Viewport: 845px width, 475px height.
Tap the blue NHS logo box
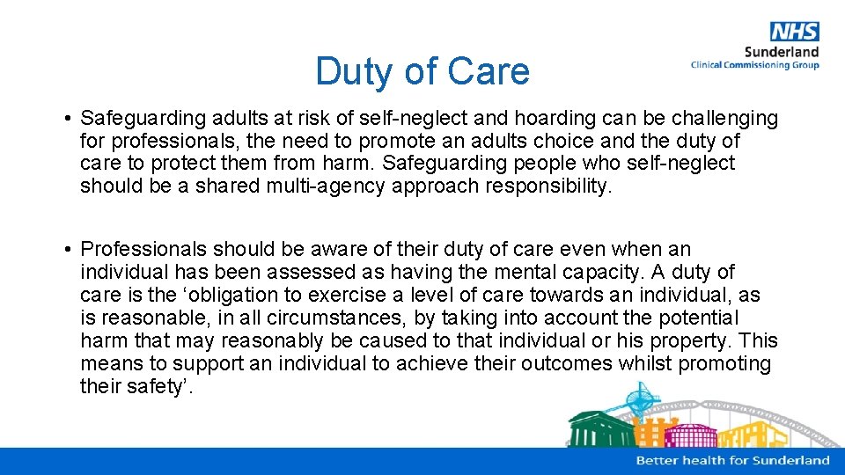click(794, 33)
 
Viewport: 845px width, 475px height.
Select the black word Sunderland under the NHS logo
click(782, 52)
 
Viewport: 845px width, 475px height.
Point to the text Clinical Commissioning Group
click(754, 65)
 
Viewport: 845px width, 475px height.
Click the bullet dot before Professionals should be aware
click(67, 250)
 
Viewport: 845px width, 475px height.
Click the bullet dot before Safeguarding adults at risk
click(67, 118)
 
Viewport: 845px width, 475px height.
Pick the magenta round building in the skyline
click(685, 434)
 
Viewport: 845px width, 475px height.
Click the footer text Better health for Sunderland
click(732, 460)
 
